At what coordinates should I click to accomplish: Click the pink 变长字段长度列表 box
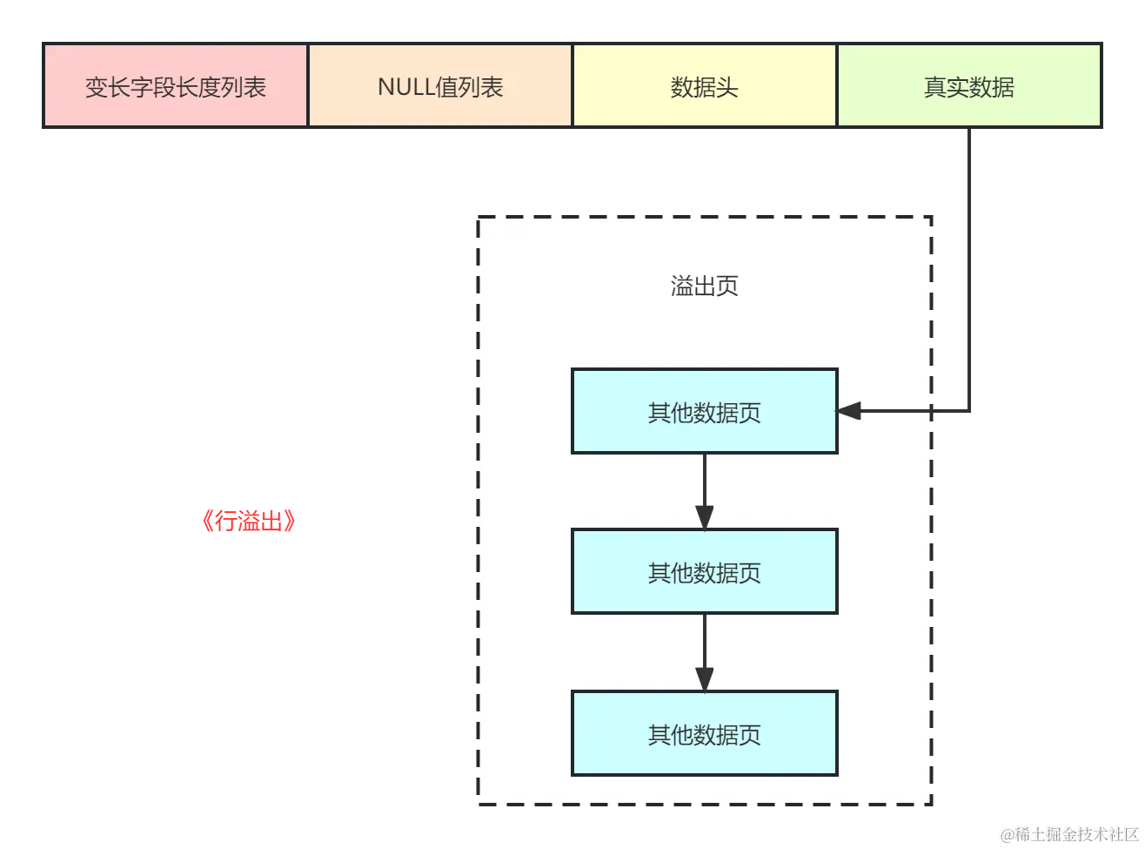coord(176,87)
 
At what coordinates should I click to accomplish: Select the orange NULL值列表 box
coord(440,87)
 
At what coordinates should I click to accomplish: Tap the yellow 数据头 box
coord(704,87)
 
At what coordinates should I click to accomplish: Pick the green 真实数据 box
coord(968,87)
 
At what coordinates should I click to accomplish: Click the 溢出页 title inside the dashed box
coord(704,286)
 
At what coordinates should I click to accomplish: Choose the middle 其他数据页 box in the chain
coord(704,572)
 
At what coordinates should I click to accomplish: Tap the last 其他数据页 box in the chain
coord(704,734)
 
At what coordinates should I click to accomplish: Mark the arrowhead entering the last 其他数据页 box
coord(704,679)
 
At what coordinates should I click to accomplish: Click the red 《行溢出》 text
coord(249,522)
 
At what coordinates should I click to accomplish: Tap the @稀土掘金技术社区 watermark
coord(1069,833)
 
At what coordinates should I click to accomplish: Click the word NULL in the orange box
coord(405,87)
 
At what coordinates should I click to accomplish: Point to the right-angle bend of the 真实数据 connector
coord(968,411)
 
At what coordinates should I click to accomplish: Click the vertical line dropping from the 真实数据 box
coord(968,261)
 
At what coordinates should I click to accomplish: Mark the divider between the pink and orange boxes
coord(308,87)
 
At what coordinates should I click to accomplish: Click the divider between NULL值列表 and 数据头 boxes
coord(572,87)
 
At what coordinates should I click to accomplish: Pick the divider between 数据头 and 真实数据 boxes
coord(836,87)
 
